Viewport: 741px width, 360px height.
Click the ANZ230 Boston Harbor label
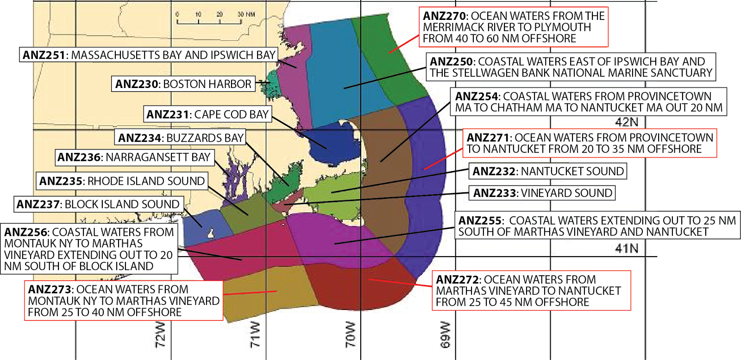click(x=183, y=84)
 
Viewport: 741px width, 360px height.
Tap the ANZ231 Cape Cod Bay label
click(x=207, y=114)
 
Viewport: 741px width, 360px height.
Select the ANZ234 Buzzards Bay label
click(x=181, y=138)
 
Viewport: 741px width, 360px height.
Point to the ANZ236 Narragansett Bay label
click(x=134, y=158)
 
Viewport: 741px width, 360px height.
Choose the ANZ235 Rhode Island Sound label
click(x=122, y=181)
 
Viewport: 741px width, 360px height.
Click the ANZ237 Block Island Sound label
click(x=98, y=204)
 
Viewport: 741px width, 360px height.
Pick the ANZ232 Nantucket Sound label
click(x=548, y=171)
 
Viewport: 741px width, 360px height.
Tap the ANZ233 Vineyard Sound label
click(x=542, y=193)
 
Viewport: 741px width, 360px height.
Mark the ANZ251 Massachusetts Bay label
click(x=149, y=55)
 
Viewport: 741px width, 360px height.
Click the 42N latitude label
click(x=627, y=122)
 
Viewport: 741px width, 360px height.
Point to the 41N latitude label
click(x=627, y=249)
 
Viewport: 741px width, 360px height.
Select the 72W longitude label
click(x=160, y=335)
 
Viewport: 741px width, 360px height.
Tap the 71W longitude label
click(x=255, y=335)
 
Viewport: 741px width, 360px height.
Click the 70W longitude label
click(x=351, y=335)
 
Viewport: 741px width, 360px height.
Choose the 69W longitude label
click(x=445, y=335)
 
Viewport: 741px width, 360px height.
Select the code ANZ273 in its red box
click(x=50, y=290)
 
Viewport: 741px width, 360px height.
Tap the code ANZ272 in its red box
click(x=457, y=280)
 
